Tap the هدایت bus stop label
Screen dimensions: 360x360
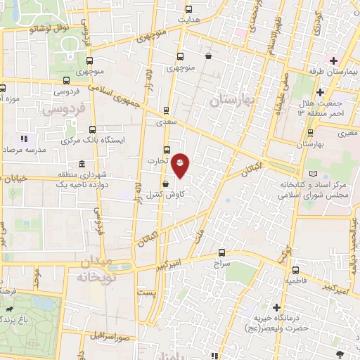pos(188,21)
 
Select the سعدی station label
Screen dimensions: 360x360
pos(166,121)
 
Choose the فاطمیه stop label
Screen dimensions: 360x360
pos(295,280)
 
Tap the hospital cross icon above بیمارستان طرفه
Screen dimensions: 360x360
pos(333,60)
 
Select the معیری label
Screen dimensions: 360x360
pos(347,132)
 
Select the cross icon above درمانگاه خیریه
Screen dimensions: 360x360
pos(277,308)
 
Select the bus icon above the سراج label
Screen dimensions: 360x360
pos(222,252)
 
